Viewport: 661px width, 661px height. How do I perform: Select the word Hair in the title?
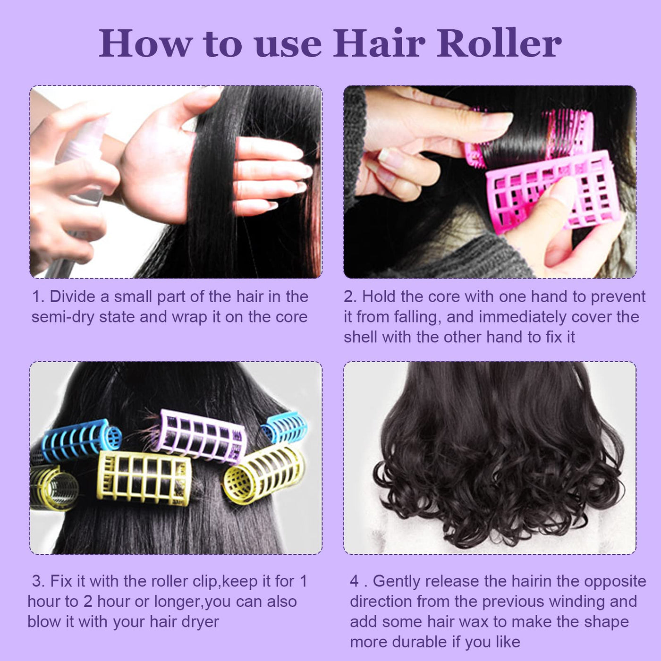click(380, 43)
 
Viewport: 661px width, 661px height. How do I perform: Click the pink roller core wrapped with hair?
click(530, 138)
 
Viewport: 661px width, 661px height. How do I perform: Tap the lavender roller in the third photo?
click(203, 436)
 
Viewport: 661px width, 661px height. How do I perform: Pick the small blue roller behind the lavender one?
click(284, 428)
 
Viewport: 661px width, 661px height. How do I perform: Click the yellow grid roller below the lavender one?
click(144, 478)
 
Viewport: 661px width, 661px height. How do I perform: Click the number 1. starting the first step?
click(38, 297)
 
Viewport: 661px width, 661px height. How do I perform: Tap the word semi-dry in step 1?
click(62, 317)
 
